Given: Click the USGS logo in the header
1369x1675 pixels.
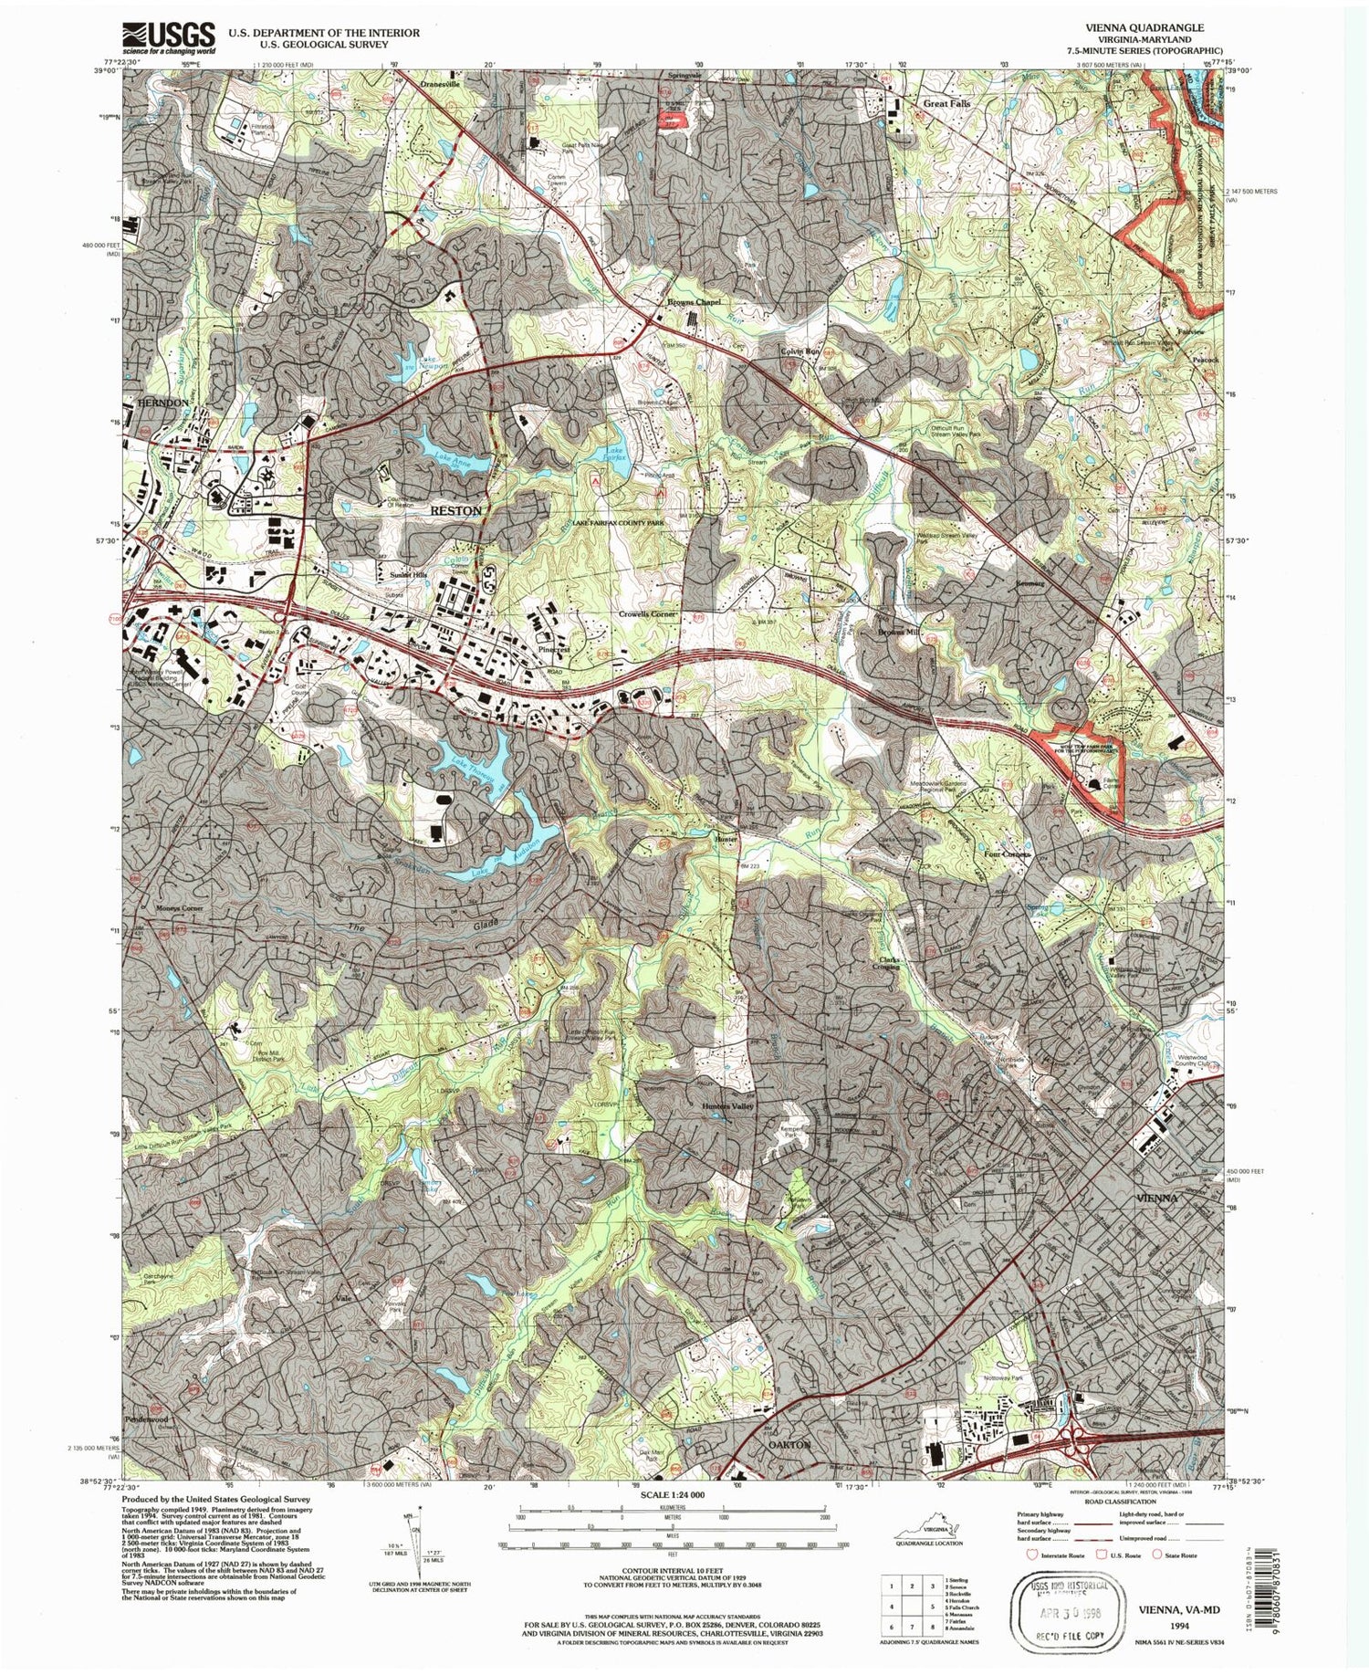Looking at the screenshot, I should coord(169,38).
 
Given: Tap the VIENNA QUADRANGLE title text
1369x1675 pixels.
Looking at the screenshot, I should coord(1157,28).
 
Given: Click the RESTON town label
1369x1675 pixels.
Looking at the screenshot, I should coord(455,511).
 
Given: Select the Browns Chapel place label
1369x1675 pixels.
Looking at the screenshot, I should coord(694,301).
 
